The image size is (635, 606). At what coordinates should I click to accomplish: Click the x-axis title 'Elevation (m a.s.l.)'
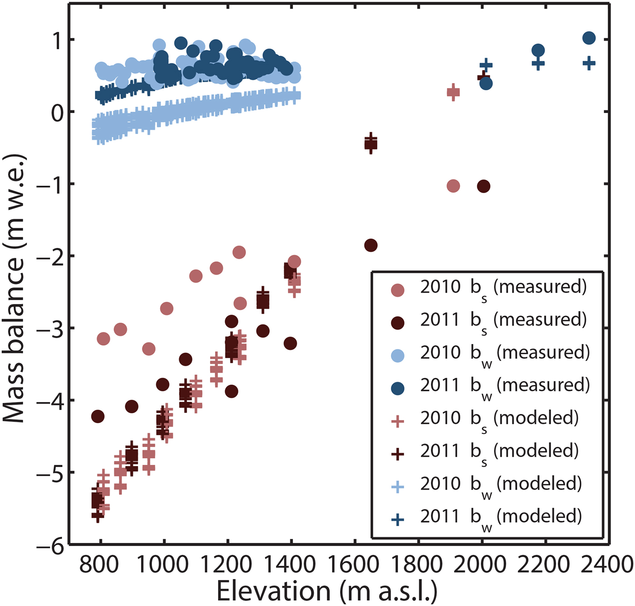327,591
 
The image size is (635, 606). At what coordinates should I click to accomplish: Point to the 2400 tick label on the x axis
608,565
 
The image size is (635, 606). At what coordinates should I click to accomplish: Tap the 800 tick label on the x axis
99,565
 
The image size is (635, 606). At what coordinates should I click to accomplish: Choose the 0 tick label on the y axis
56,113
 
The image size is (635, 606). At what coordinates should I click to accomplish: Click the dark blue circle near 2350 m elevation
589,38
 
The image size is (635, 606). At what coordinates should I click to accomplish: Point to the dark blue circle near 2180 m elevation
538,50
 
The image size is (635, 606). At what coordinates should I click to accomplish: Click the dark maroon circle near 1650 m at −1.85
371,245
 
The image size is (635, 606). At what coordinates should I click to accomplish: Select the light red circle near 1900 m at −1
453,186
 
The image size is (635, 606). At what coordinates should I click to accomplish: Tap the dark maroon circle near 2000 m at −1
484,186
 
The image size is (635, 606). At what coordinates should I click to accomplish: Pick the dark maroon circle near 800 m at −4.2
98,416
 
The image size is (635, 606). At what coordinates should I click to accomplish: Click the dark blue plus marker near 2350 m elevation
589,63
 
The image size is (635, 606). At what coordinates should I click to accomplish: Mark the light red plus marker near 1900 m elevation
453,92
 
